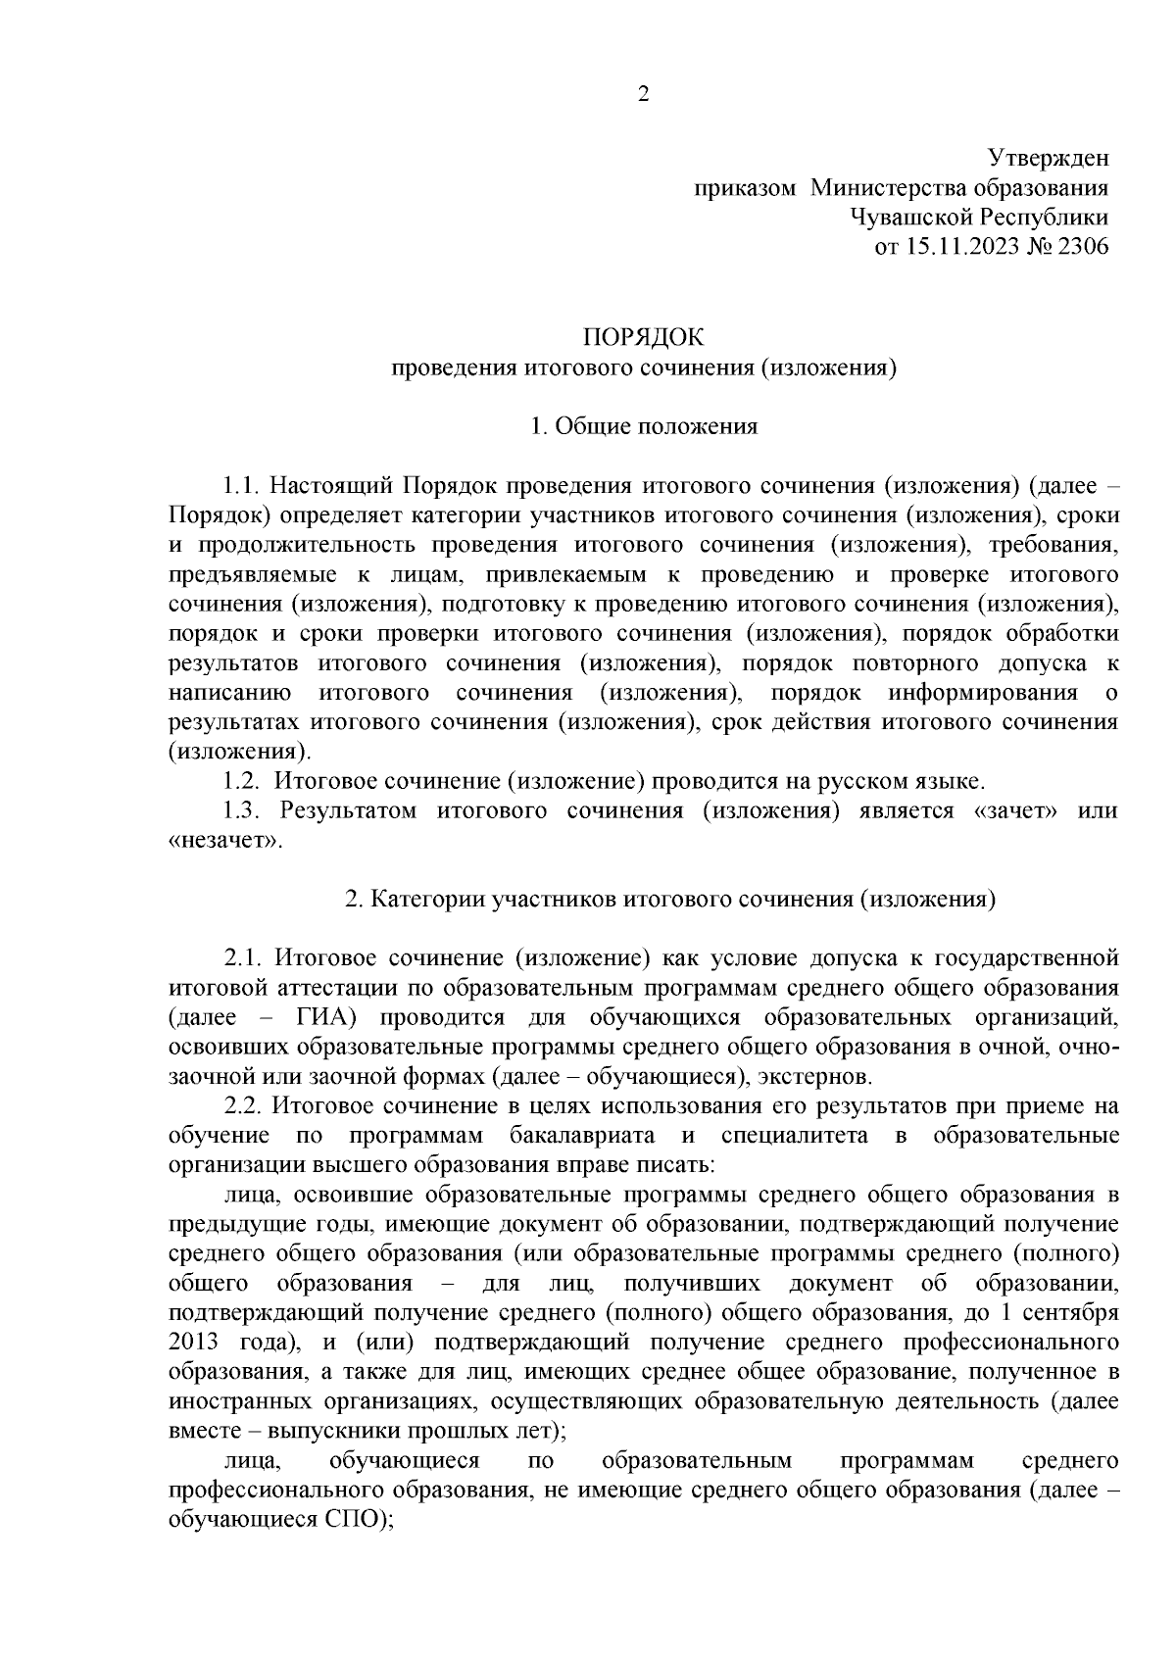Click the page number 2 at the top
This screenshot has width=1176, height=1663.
coord(643,95)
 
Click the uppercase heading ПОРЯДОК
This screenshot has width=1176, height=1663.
coord(644,338)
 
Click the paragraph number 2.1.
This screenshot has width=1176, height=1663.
coord(241,956)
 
